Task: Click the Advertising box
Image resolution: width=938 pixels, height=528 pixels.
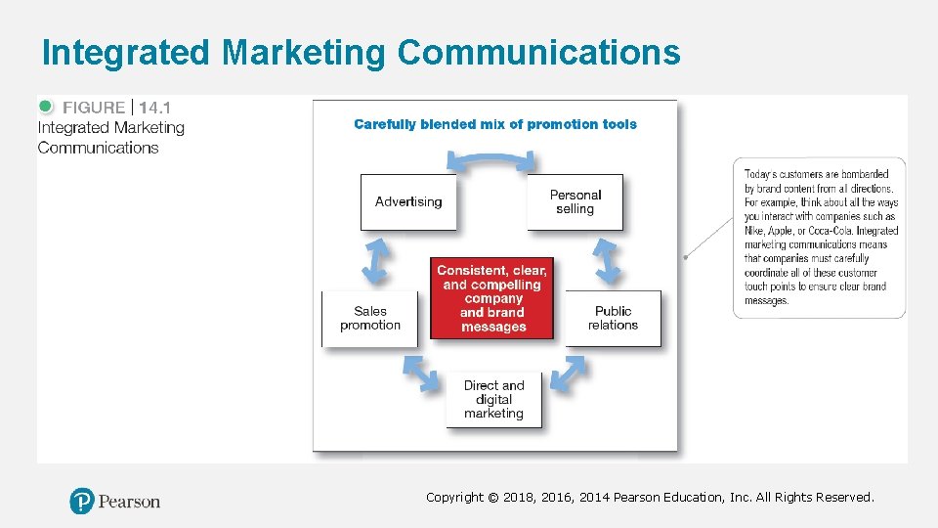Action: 408,202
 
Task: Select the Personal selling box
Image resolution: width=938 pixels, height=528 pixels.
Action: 575,202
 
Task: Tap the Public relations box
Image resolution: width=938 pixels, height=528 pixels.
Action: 613,318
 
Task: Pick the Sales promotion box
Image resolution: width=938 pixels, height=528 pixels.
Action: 369,318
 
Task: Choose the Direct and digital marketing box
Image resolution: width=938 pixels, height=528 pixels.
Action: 493,399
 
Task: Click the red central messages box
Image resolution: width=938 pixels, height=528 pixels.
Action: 493,298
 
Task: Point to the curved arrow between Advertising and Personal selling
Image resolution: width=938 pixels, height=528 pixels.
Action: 491,159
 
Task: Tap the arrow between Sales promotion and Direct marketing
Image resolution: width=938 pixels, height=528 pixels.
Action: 420,373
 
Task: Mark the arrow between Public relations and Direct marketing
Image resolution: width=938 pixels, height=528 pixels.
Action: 568,373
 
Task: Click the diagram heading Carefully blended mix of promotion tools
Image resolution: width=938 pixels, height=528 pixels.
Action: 494,124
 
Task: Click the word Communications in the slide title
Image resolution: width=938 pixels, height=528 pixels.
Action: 537,53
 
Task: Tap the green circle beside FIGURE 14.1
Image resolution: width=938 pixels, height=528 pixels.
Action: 46,107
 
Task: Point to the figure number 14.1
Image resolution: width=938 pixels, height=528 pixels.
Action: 154,108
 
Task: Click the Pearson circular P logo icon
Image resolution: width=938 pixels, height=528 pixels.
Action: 82,502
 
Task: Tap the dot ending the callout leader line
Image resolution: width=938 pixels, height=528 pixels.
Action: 686,257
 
